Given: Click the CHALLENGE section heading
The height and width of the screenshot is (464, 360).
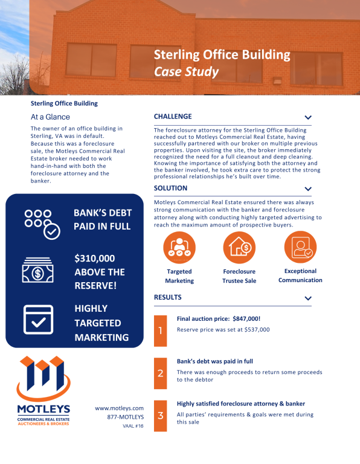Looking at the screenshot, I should click(x=173, y=116).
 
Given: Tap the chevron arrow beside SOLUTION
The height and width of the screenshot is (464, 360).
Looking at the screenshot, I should click(x=308, y=190).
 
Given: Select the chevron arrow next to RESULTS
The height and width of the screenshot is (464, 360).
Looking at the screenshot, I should click(x=308, y=298).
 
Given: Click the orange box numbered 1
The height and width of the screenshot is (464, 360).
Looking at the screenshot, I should click(x=160, y=330).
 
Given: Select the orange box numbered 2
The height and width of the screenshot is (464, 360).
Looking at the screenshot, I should click(x=160, y=373).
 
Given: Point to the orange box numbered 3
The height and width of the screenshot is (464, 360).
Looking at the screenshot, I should click(x=160, y=416).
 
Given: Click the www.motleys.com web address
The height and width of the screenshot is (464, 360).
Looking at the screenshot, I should click(x=120, y=408).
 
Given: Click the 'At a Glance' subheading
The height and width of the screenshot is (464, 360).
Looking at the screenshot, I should click(x=50, y=117).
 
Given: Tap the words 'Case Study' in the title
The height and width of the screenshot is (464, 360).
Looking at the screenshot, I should click(x=186, y=71).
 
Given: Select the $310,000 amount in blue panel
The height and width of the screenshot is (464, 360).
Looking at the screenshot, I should click(x=95, y=258).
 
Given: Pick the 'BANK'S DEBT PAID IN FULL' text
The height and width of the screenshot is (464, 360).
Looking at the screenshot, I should click(x=101, y=219).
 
